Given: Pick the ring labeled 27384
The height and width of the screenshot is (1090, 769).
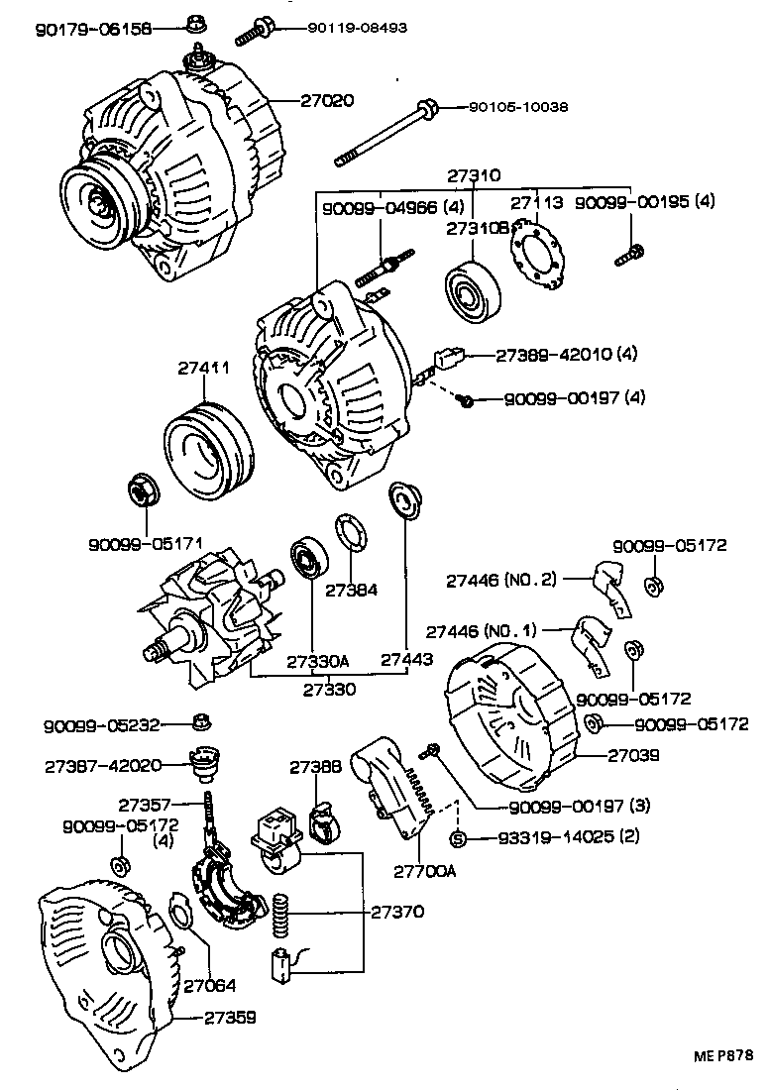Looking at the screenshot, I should coord(348,531).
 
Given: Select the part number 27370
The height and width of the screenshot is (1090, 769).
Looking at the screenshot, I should coord(397,913).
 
